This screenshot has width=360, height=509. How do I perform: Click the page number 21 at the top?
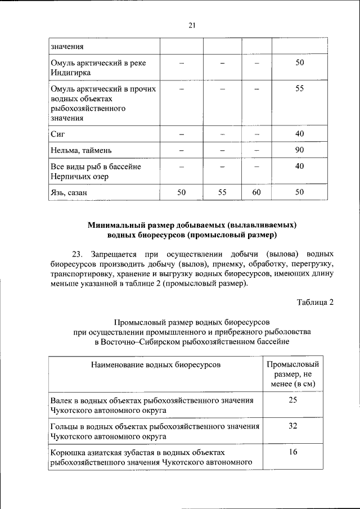pyautogui.click(x=192, y=24)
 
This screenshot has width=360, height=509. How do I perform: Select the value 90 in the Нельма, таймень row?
pyautogui.click(x=299, y=151)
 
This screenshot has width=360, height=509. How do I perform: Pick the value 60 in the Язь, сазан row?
pyautogui.click(x=256, y=193)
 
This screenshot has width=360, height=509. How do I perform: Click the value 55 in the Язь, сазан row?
pyautogui.click(x=222, y=193)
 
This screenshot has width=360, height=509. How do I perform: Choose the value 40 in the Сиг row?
pyautogui.click(x=299, y=134)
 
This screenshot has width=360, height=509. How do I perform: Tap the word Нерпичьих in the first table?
pyautogui.click(x=71, y=177)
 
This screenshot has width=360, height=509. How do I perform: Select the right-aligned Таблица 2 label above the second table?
pyautogui.click(x=316, y=302)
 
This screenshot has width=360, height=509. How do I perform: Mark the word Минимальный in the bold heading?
pyautogui.click(x=116, y=224)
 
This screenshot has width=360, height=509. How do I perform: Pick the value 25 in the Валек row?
pyautogui.click(x=292, y=400)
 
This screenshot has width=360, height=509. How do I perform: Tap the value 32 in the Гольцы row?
pyautogui.click(x=292, y=426)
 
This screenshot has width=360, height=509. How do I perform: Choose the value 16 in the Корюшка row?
pyautogui.click(x=292, y=452)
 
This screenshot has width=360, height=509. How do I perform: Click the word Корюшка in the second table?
pyautogui.click(x=66, y=452)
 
